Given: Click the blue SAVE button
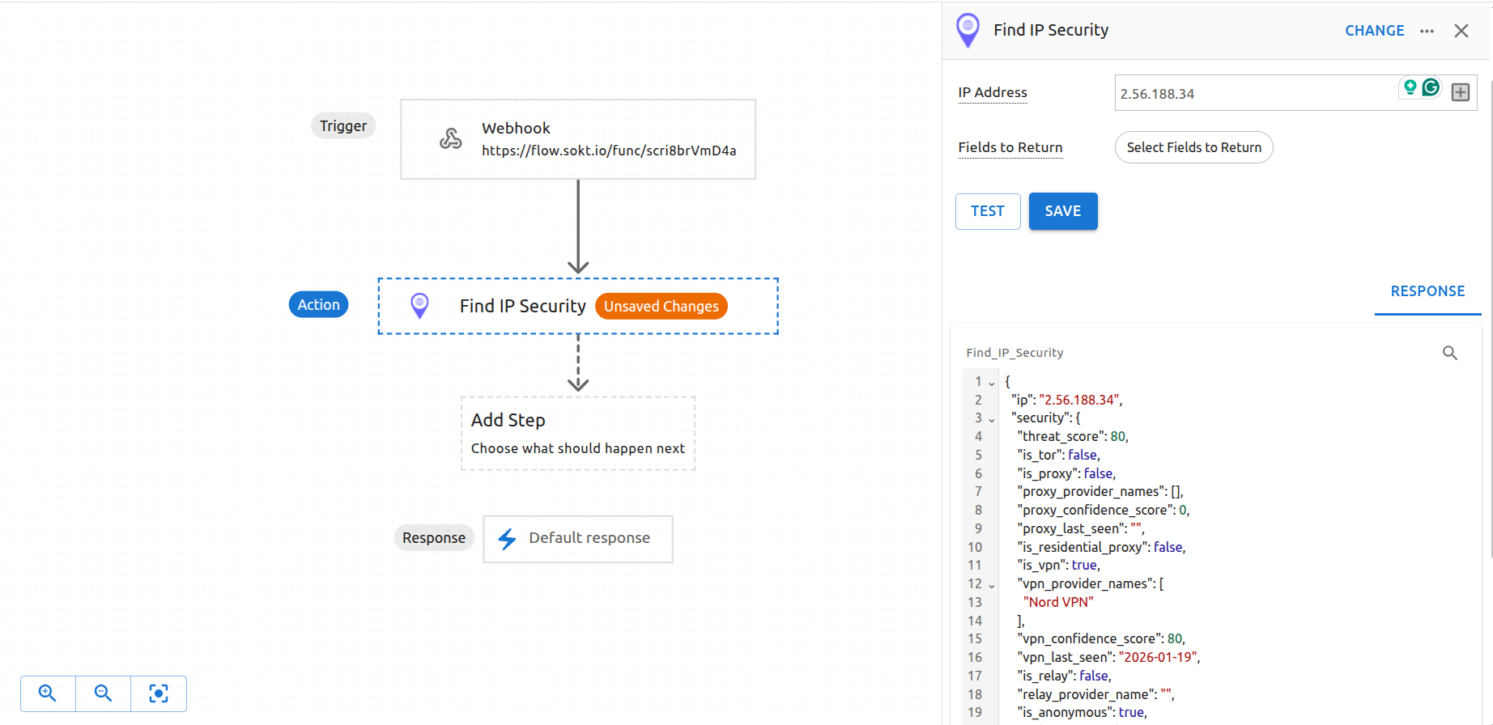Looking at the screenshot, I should pyautogui.click(x=1062, y=211).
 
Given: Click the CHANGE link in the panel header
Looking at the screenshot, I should pyautogui.click(x=1374, y=31).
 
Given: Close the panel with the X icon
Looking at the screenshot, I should pyautogui.click(x=1461, y=31).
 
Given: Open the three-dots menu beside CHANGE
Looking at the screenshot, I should pyautogui.click(x=1427, y=31).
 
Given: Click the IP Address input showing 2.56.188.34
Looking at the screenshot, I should pyautogui.click(x=1255, y=93).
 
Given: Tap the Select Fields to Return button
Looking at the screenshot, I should pyautogui.click(x=1193, y=147).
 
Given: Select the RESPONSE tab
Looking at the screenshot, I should pyautogui.click(x=1427, y=291).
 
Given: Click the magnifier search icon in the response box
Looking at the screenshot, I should pyautogui.click(x=1449, y=353).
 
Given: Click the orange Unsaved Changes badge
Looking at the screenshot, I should pyautogui.click(x=661, y=306).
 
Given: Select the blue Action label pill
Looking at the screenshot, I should pyautogui.click(x=318, y=304).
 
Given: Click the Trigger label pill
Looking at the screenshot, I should pyautogui.click(x=342, y=125).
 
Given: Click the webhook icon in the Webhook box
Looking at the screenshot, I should pyautogui.click(x=451, y=138).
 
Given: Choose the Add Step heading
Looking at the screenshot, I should pyautogui.click(x=508, y=420).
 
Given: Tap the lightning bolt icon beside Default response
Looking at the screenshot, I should pyautogui.click(x=507, y=539).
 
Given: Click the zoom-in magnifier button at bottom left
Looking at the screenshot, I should pyautogui.click(x=48, y=693).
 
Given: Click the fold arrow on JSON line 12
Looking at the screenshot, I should pyautogui.click(x=992, y=585).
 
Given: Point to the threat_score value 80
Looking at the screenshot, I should pyautogui.click(x=1117, y=436).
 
